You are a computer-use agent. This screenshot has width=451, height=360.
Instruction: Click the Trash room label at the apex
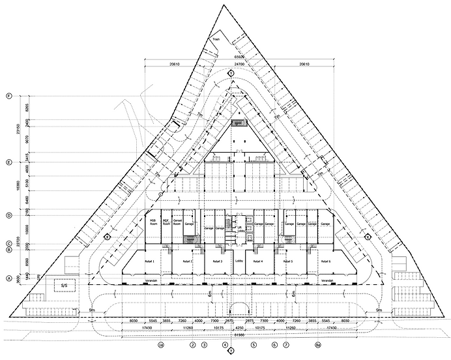coord(216,40)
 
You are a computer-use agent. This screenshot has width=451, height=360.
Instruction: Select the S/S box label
coord(64,286)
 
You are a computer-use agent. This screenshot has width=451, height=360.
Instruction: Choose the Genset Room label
coord(177,223)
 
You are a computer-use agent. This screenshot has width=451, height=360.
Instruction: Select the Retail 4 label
coord(257,260)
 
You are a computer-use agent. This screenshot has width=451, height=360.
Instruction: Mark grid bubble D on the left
coord(9,215)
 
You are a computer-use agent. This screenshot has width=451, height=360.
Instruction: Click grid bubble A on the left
coord(9,278)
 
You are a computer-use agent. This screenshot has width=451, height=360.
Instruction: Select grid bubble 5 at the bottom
coord(254,344)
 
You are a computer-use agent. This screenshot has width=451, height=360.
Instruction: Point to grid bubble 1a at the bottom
coord(160,344)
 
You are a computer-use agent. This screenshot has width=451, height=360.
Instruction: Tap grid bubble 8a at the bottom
coord(317,344)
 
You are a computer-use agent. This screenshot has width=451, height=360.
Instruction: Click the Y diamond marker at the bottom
coord(230,352)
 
